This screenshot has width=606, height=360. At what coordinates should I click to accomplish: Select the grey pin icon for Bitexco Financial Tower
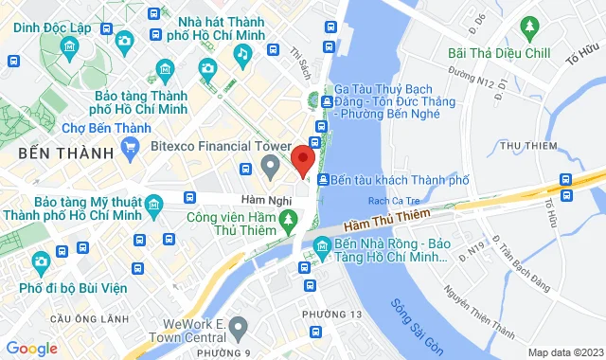pos(271,168)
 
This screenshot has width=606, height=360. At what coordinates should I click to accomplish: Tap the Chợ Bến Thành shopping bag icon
pos(131,149)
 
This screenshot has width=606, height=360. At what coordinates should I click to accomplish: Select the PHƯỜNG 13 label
pos(332,314)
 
